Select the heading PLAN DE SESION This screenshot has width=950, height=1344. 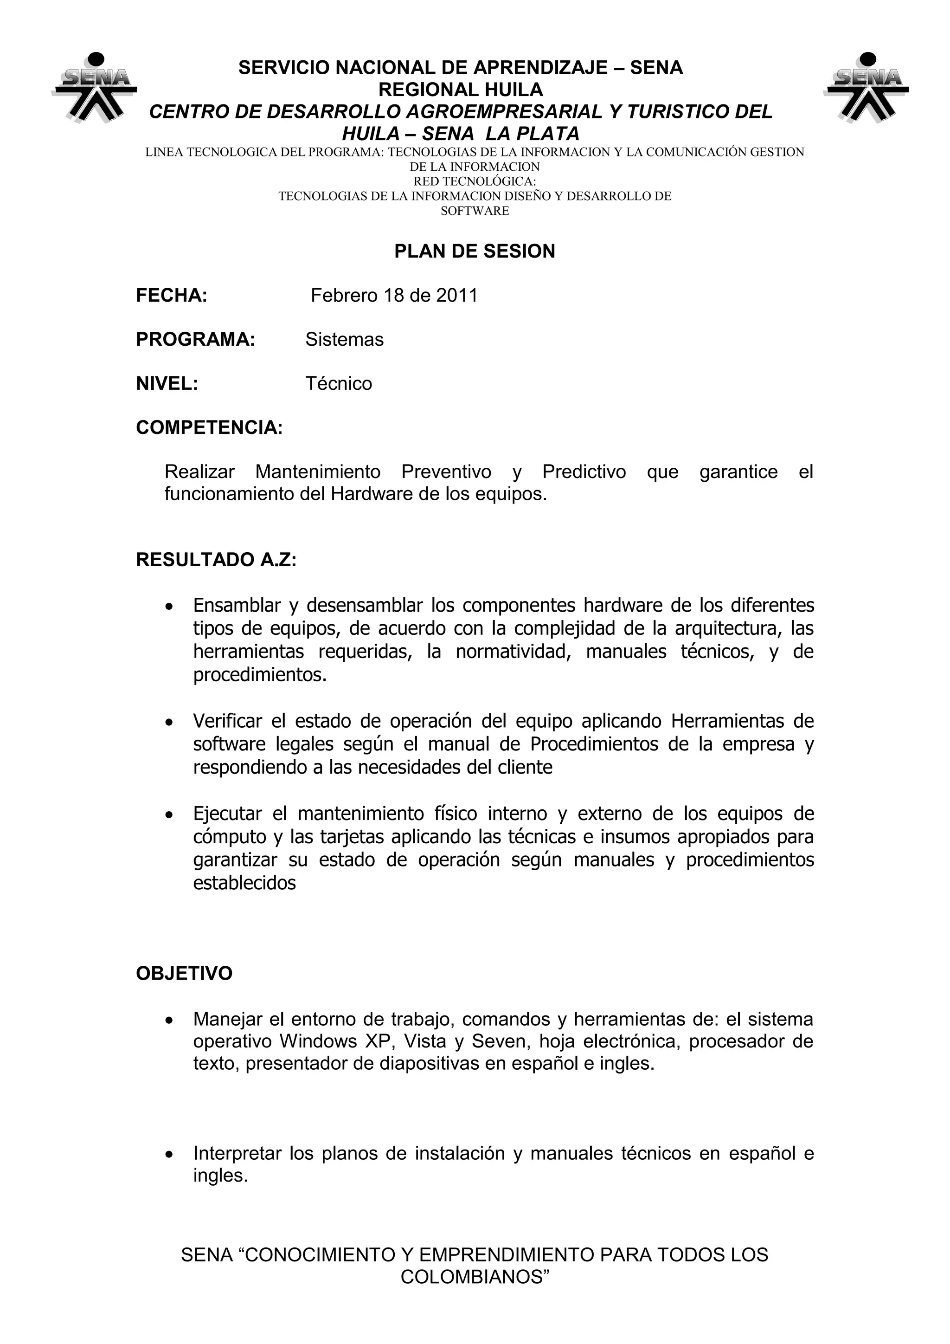tap(475, 251)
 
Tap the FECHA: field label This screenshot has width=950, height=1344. tap(171, 296)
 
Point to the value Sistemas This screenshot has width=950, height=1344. tap(344, 340)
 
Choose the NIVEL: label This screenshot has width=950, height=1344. tap(167, 384)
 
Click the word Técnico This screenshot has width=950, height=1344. tap(338, 384)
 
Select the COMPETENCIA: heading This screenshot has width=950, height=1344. tap(209, 428)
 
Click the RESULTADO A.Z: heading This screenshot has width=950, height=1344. tap(216, 560)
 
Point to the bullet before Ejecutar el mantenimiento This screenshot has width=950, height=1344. tap(169, 815)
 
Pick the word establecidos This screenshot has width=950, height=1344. tap(244, 883)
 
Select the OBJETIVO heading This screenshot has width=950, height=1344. tap(184, 974)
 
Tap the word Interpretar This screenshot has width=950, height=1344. tap(237, 1154)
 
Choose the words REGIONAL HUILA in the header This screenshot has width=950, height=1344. tap(461, 90)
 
